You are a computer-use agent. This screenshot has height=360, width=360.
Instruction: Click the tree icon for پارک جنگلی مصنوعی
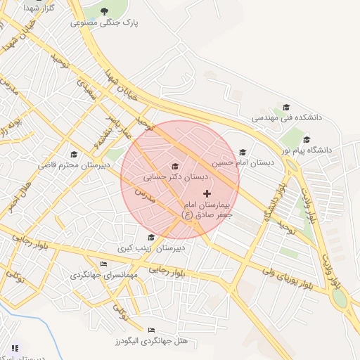[105, 11]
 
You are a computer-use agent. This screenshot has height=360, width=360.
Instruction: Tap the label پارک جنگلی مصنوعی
[105, 22]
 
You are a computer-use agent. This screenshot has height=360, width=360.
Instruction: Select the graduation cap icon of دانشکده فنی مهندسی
[286, 108]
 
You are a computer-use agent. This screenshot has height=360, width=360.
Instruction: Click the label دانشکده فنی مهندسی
[286, 118]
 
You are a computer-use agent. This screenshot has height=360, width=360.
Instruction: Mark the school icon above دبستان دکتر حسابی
[175, 166]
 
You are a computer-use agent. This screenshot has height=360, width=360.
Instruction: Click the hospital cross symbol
[207, 193]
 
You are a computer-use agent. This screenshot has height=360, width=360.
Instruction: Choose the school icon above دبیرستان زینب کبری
[150, 237]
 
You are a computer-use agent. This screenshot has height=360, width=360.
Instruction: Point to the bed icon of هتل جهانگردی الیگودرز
[151, 330]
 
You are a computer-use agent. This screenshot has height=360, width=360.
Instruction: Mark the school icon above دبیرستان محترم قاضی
[74, 154]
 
